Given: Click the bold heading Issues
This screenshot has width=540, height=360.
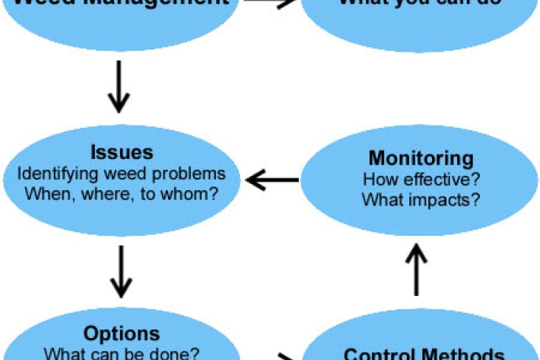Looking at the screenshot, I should tap(122, 151).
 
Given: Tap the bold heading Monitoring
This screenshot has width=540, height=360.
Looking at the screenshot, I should tap(421, 158).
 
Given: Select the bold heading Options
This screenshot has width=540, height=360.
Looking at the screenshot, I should tap(122, 333).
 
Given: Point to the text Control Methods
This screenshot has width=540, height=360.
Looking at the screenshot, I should tap(424, 354).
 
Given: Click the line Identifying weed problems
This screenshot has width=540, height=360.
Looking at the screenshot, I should tap(122, 173).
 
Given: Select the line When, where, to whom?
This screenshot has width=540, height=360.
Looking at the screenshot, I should tap(122, 193).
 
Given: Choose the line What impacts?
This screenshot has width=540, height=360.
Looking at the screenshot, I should tap(421, 201).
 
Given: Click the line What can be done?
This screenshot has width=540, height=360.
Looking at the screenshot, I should tap(122, 353).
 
